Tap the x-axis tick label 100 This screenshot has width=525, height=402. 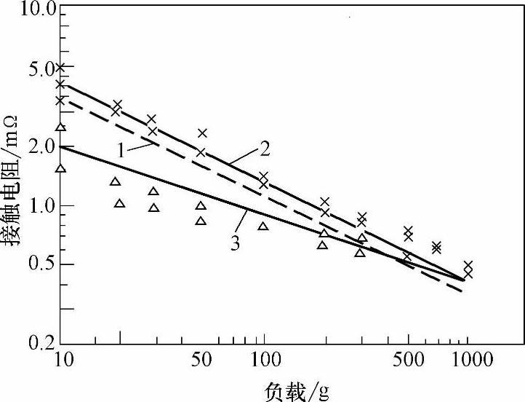263,359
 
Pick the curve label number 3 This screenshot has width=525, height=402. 235,243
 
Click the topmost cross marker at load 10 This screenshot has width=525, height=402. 60,67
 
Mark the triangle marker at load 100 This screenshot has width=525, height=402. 263,226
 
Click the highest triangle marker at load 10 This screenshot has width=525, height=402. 61,127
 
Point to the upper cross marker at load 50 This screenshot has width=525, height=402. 202,133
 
